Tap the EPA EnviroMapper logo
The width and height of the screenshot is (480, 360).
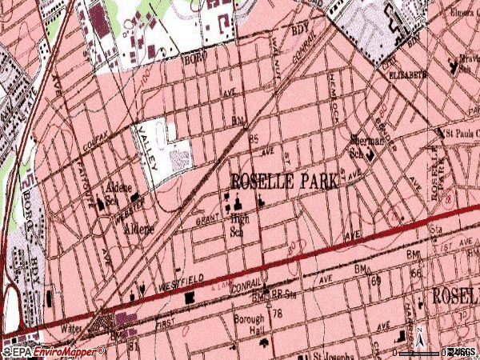tap(54, 351)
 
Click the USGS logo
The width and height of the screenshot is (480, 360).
tap(462, 351)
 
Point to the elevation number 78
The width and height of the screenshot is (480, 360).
tap(278, 313)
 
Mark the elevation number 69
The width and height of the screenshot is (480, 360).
tap(375, 282)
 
